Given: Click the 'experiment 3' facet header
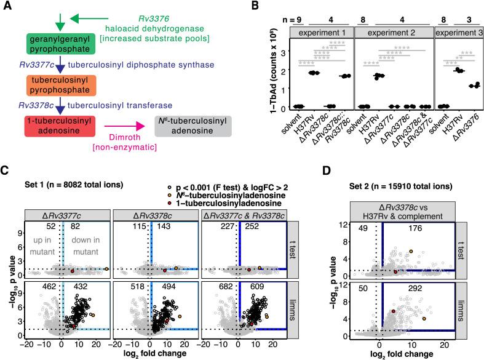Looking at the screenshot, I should [458, 30].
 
